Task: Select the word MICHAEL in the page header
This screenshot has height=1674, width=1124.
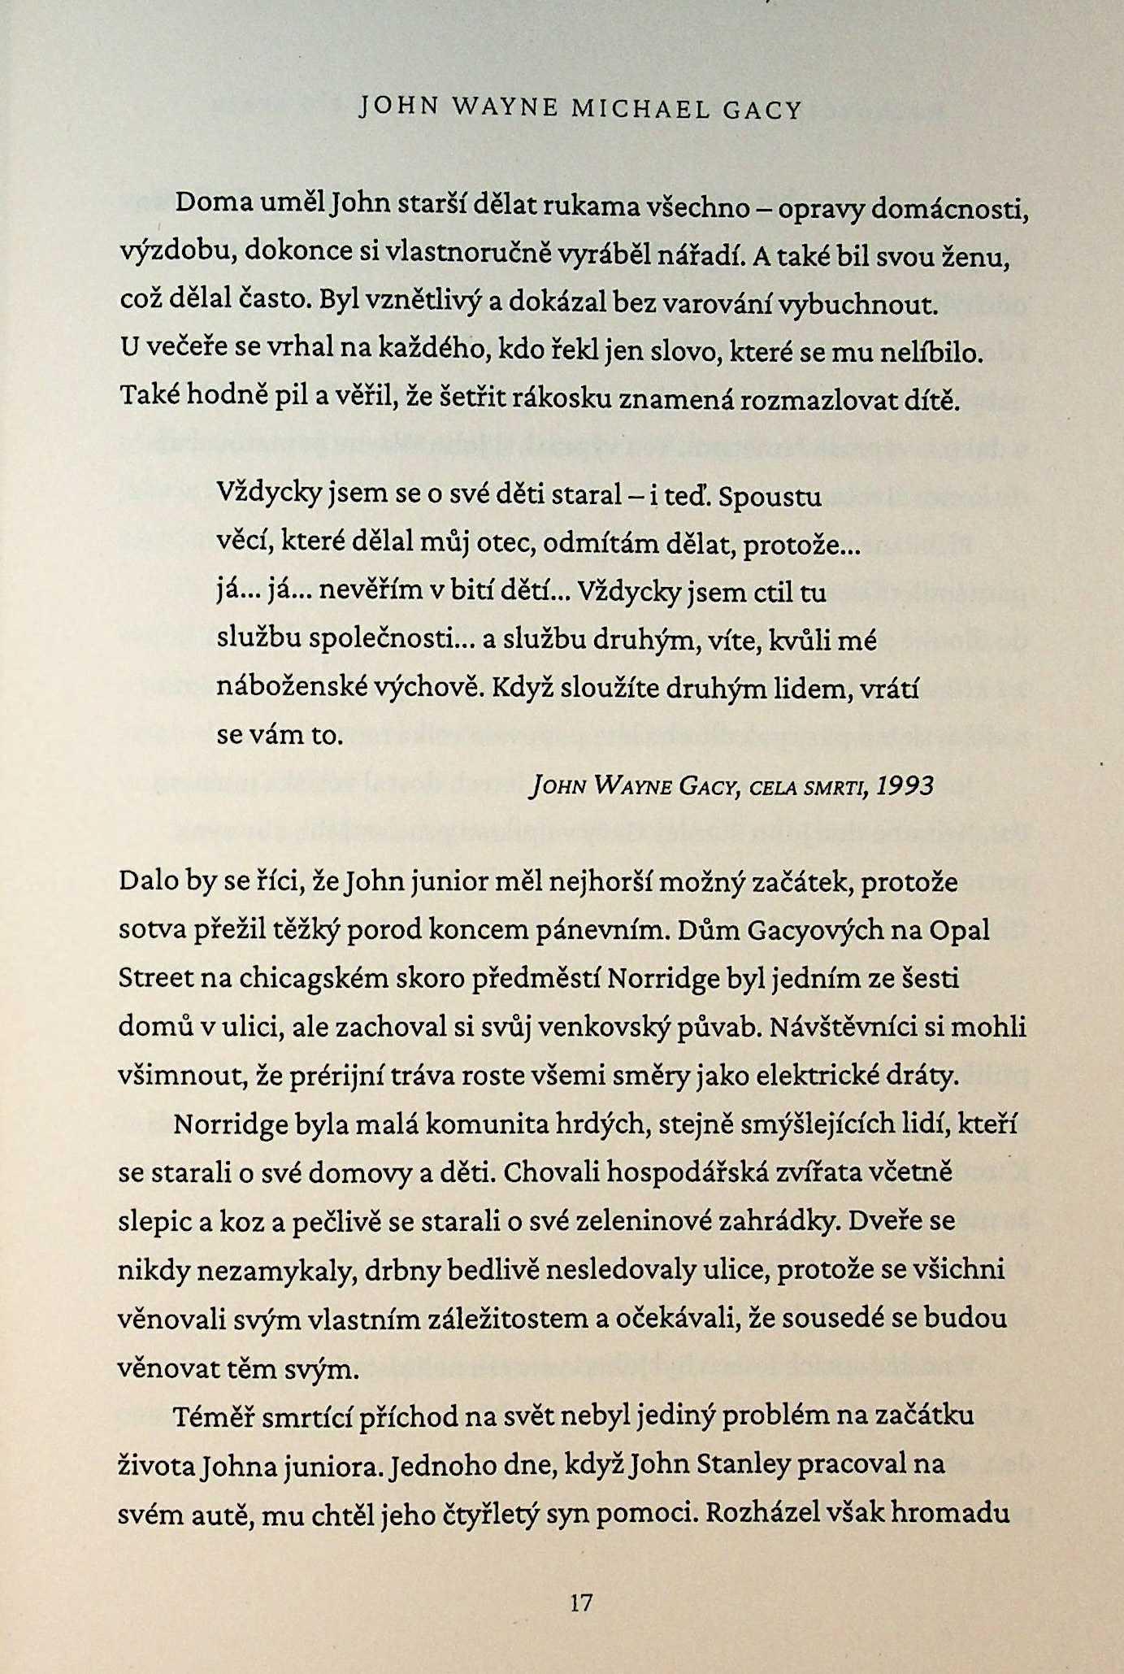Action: pos(640,109)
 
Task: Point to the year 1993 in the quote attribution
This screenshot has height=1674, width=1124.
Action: pos(905,786)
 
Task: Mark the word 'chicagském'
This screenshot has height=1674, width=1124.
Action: pos(314,979)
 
